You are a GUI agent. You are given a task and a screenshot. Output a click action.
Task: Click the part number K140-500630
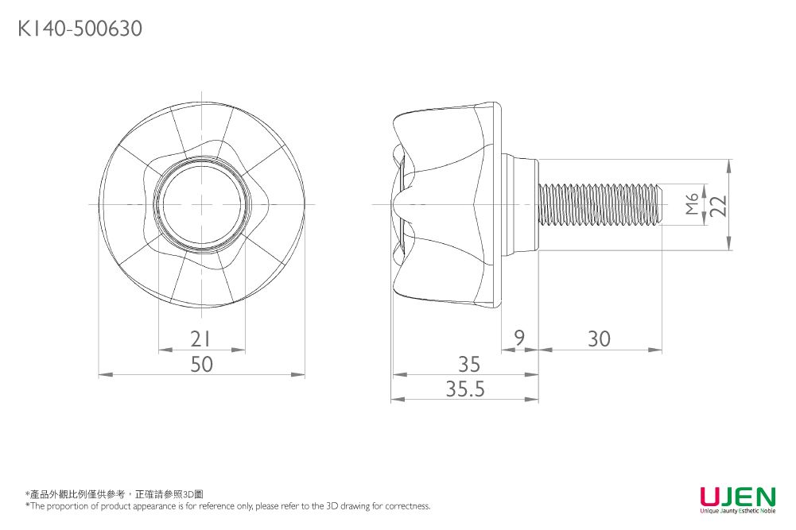pyautogui.click(x=80, y=29)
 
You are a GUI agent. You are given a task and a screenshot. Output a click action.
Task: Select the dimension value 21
pyautogui.click(x=201, y=339)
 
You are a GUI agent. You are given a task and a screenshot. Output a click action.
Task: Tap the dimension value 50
pyautogui.click(x=201, y=364)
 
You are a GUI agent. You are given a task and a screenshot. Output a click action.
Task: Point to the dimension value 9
pyautogui.click(x=518, y=339)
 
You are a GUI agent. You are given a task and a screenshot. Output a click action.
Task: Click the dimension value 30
pyautogui.click(x=599, y=339)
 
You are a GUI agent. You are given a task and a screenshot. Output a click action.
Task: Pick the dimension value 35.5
pyautogui.click(x=464, y=389)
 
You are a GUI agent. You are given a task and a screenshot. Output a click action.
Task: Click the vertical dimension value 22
pyautogui.click(x=718, y=205)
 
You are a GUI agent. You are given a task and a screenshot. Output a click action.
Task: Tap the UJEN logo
pyautogui.click(x=736, y=497)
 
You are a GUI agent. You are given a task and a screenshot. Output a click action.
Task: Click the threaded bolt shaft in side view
pyautogui.click(x=596, y=204)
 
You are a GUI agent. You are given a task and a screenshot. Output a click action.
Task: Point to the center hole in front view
pyautogui.click(x=201, y=204)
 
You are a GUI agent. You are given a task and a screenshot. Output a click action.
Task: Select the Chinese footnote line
pyautogui.click(x=115, y=494)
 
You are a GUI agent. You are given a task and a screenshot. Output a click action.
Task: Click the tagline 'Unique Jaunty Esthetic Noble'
pyautogui.click(x=736, y=512)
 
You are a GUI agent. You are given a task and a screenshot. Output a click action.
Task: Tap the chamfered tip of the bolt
pyautogui.click(x=659, y=204)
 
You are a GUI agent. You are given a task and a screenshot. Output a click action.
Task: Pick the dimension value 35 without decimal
pyautogui.click(x=469, y=364)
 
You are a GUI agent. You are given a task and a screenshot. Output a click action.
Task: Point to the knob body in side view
pyautogui.click(x=449, y=204)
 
